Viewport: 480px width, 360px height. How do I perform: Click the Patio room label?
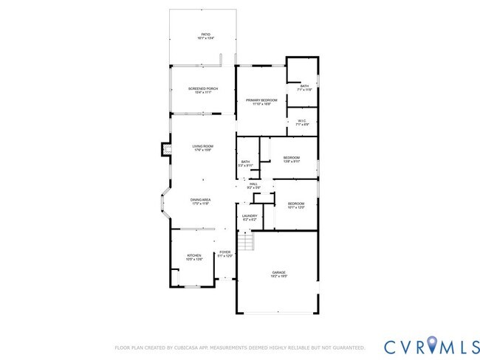click(207, 35)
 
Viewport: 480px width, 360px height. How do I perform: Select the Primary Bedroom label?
click(261, 102)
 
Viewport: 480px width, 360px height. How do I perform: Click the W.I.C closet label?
click(302, 122)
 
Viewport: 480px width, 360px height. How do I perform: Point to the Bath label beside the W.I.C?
click(304, 87)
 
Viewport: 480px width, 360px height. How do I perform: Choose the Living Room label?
click(202, 148)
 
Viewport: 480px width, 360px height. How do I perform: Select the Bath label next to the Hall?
click(245, 164)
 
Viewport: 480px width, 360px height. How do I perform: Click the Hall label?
click(253, 185)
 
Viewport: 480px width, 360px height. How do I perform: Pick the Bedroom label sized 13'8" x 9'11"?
click(292, 159)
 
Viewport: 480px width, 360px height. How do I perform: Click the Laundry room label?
click(250, 218)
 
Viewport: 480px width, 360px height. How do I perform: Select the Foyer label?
click(224, 255)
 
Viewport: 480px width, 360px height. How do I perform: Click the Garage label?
click(279, 274)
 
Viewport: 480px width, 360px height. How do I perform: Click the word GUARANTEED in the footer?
click(346, 347)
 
